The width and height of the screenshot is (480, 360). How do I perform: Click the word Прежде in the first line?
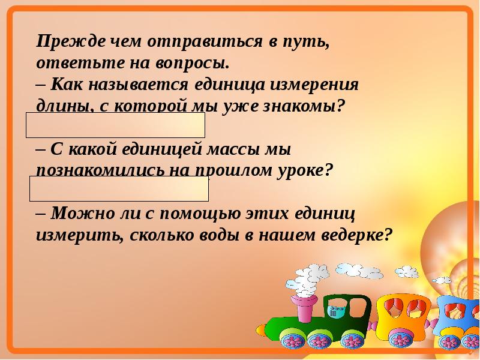pos(71,41)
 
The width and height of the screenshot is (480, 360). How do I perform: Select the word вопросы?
pos(192,64)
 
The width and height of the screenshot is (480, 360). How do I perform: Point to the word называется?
pos(138,85)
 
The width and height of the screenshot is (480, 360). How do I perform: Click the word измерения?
pos(314,85)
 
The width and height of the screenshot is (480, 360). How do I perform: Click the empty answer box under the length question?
pos(115,125)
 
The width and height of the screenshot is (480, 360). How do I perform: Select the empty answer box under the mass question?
pos(119,188)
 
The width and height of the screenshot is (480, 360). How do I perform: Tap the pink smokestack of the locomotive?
pos(304,308)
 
